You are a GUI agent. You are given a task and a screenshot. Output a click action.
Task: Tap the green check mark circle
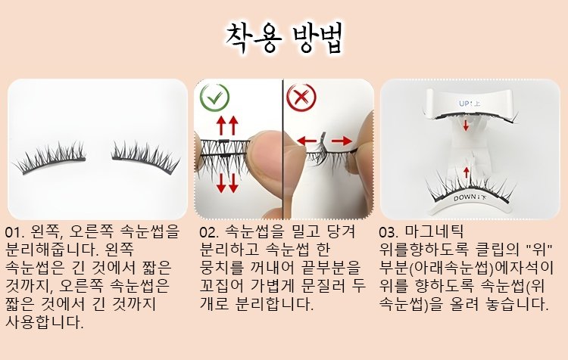[x=214, y=97]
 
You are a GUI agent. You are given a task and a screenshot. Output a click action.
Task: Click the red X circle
[x=301, y=97]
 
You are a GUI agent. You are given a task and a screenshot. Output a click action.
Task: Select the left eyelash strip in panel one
[x=51, y=158]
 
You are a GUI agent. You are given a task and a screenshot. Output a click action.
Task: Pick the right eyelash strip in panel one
[x=145, y=157]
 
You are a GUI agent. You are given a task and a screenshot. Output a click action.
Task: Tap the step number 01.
[x=14, y=232]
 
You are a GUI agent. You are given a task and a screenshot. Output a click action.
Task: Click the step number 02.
[x=209, y=232]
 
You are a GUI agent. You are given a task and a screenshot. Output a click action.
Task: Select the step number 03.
[x=389, y=232]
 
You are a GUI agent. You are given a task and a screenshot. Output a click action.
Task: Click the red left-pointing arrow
[x=307, y=141]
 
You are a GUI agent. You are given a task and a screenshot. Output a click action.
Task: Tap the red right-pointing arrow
[x=342, y=141]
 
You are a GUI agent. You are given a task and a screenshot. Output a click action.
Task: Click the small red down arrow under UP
[x=467, y=126]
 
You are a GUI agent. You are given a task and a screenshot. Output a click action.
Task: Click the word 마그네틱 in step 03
[x=435, y=231]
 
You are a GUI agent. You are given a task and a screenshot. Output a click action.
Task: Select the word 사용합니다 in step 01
[x=45, y=321]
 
